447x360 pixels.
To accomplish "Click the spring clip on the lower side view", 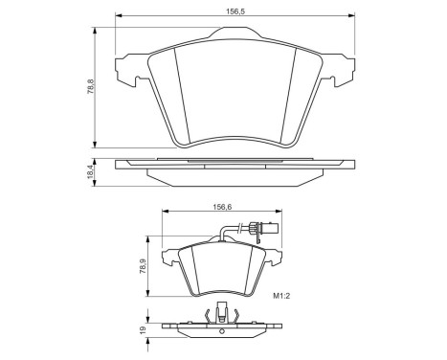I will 222,312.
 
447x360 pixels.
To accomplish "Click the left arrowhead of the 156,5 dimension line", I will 118,16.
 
